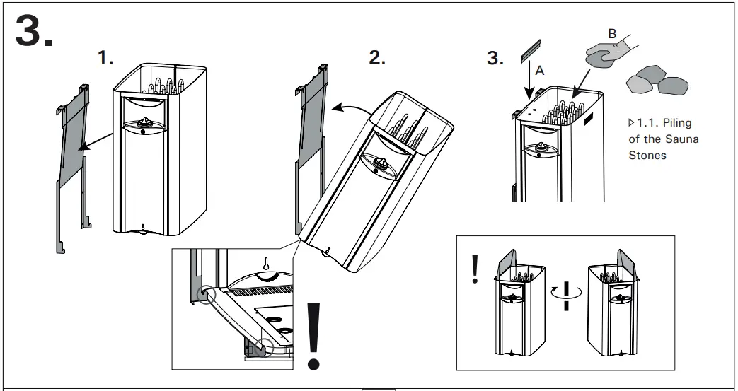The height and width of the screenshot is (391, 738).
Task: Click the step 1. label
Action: click(x=105, y=59)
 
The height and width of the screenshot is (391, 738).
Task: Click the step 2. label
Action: click(x=377, y=59)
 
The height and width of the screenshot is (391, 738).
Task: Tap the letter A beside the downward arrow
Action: click(x=540, y=71)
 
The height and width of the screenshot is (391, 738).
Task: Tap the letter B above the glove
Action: click(x=612, y=33)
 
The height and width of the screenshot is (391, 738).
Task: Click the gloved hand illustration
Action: click(x=607, y=54)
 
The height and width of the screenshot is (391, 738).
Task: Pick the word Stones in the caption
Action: click(x=647, y=155)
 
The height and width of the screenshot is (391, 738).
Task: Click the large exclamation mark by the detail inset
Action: click(x=314, y=337)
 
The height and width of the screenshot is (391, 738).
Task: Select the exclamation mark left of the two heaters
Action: click(x=475, y=269)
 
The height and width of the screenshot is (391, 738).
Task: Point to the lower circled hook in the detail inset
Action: click(x=263, y=346)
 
